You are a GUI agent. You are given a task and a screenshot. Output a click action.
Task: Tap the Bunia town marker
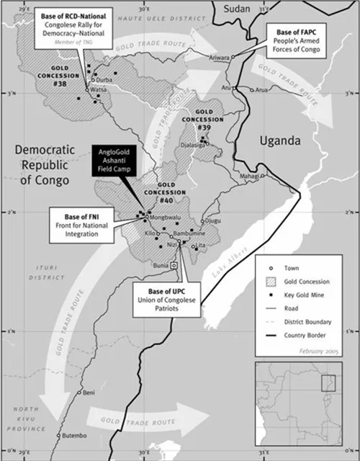[174, 266]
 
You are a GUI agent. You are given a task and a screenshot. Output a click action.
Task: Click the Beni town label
[90, 393]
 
